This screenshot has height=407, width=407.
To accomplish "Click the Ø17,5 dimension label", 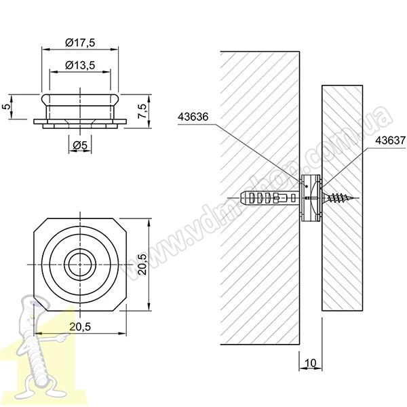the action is click(80, 43).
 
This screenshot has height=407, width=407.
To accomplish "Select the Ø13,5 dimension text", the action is click(80, 65).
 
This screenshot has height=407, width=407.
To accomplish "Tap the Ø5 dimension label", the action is click(80, 146).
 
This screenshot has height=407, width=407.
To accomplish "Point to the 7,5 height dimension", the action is click(142, 111).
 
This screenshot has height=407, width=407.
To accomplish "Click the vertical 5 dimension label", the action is click(7, 106).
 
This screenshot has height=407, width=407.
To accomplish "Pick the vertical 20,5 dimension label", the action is click(142, 265).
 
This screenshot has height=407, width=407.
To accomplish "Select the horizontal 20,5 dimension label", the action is click(80, 327).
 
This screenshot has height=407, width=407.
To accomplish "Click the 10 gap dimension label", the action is click(310, 363).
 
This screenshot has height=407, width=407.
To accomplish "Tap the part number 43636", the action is click(193, 117).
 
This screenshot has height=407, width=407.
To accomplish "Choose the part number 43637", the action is click(391, 140).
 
